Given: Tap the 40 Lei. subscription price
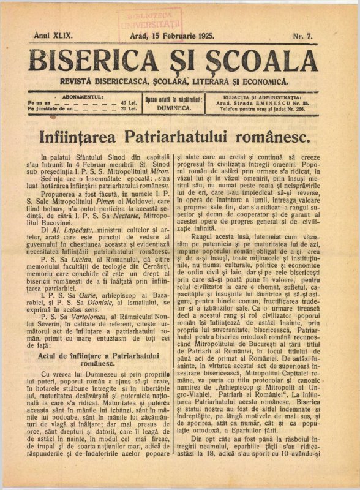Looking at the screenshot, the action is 128,102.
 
